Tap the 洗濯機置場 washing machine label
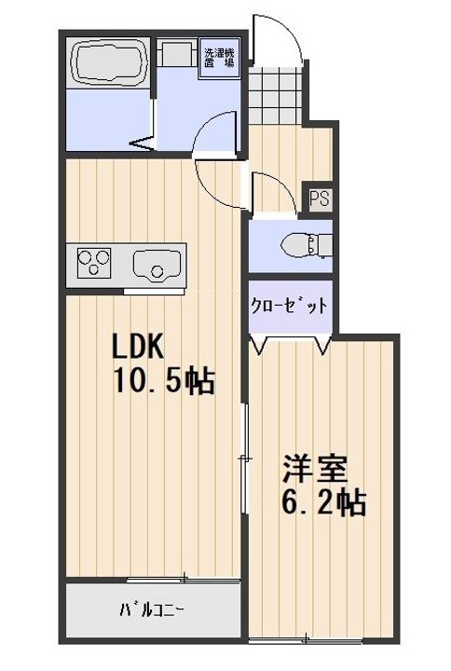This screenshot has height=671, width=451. [220, 58]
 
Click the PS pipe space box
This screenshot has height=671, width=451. [320, 199]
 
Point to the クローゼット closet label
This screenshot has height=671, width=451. [289, 306]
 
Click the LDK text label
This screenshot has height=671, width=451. [138, 346]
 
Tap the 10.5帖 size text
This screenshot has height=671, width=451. [163, 380]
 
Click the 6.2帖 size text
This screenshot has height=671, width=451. [323, 503]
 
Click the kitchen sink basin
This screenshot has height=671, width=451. [157, 265]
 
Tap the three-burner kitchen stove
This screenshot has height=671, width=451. [94, 262]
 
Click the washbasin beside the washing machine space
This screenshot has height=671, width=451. [179, 52]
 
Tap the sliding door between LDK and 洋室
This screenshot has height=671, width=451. [245, 458]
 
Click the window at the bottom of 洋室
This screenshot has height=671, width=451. [306, 640]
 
